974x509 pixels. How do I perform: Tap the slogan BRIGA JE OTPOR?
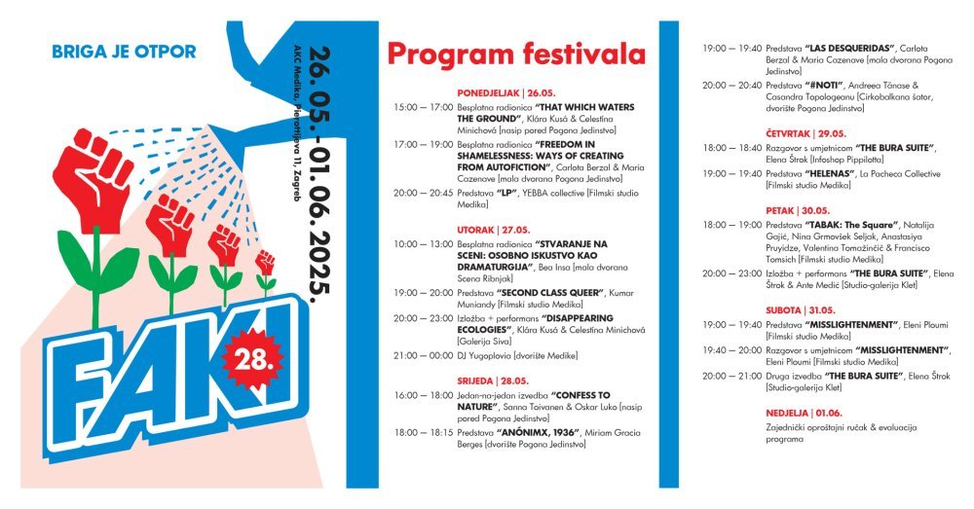pos(124,51)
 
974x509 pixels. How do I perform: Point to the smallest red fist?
pos(265,262)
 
